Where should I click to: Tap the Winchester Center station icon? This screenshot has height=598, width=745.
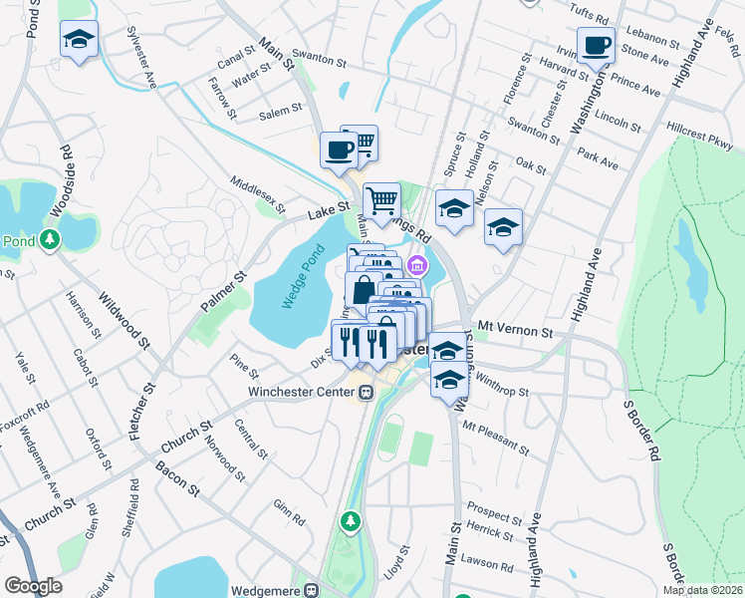367,392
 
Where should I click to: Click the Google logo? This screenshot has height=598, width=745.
33,586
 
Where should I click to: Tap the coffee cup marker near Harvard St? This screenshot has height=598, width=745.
596,46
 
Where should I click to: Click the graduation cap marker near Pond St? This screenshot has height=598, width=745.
79,41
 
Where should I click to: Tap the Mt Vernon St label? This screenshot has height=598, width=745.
514,328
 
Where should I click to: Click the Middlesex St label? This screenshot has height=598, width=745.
257,196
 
